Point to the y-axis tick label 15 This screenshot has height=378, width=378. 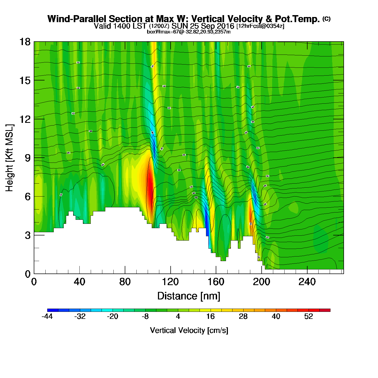pos(25,80)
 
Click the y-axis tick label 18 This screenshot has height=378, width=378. pos(25,42)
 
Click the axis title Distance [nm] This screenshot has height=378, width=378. pos(189,296)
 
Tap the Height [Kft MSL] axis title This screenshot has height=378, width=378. pos(9,158)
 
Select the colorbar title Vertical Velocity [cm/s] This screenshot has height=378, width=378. pos(189,330)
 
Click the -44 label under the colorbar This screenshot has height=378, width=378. pos(47,316)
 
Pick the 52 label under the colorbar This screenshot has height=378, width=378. pos(309,316)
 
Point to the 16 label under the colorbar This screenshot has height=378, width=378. pos(211,316)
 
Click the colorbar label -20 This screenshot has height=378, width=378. pos(113,316)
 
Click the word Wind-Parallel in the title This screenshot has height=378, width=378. pos(77,19)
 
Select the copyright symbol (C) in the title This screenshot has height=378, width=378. pos(326,19)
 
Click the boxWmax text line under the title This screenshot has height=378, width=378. pos(189,32)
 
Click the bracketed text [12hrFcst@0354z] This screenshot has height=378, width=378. pos(260,26)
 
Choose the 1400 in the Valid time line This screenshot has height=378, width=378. pos(122,26)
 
